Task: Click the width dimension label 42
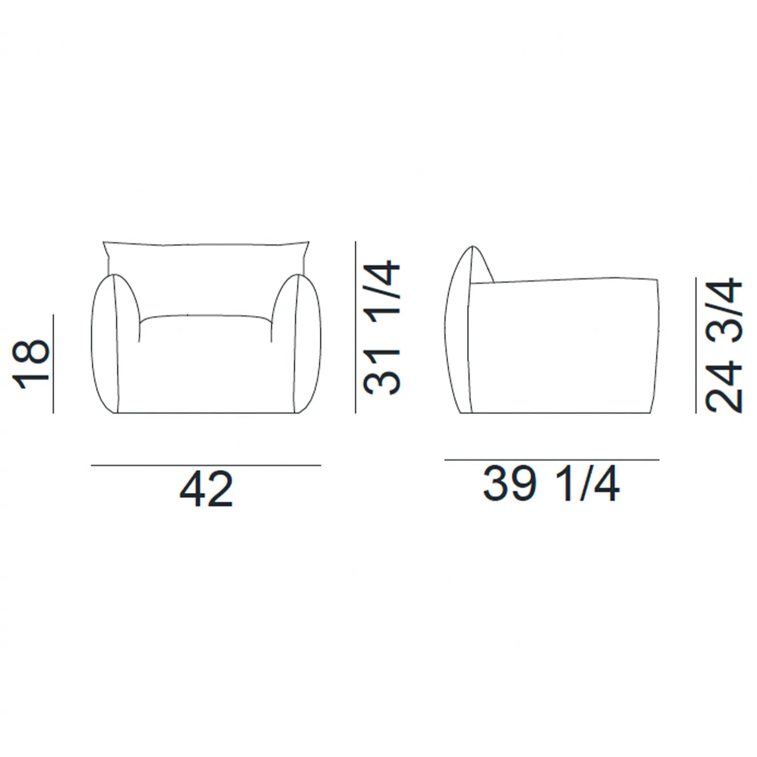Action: click(x=206, y=490)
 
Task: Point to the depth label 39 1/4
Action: click(x=551, y=484)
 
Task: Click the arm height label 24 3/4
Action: click(x=724, y=344)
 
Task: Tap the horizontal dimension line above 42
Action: click(x=206, y=465)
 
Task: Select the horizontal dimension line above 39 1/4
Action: click(x=552, y=460)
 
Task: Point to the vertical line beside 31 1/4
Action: click(x=356, y=327)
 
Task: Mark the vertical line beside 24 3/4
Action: click(x=696, y=345)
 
